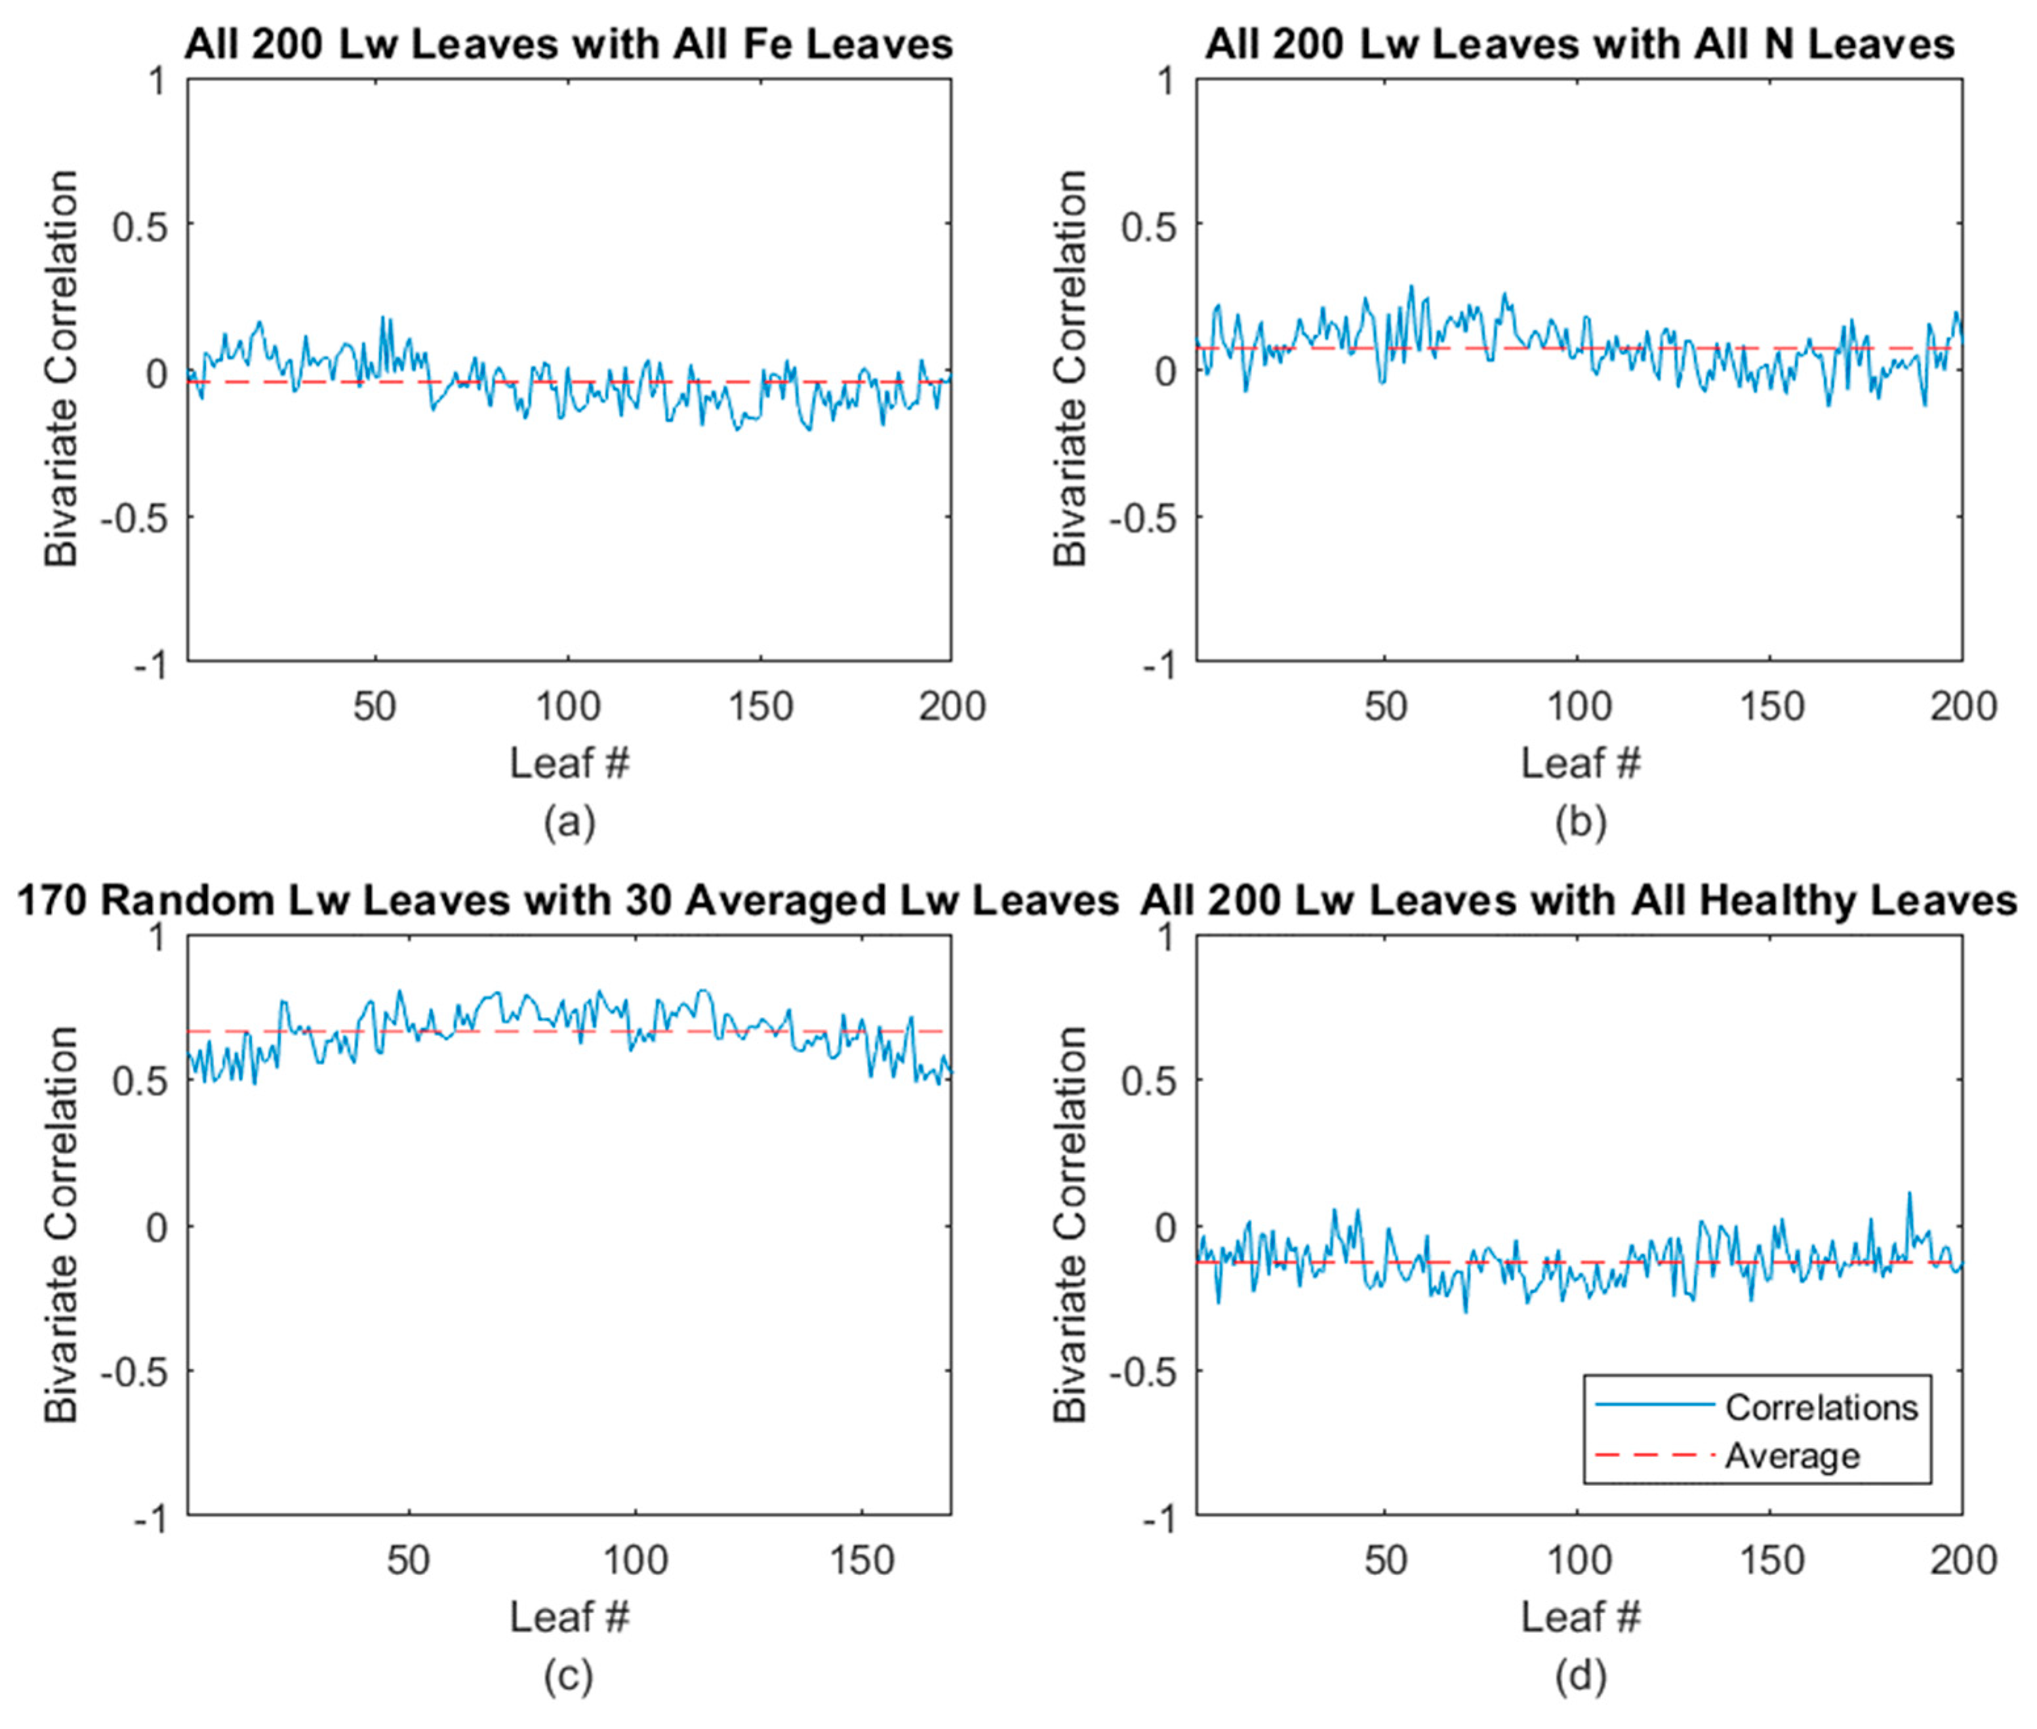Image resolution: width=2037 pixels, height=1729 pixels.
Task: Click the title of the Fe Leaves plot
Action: click(x=569, y=44)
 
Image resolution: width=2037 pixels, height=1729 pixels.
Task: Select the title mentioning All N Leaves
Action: click(x=1579, y=44)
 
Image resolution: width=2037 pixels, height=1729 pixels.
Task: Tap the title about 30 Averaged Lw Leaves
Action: click(x=569, y=900)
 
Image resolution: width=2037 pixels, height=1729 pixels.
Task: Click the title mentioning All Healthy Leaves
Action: click(x=1579, y=900)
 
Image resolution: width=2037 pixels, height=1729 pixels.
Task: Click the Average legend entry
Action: click(x=1792, y=1456)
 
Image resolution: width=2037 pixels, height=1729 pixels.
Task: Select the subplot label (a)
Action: click(x=569, y=822)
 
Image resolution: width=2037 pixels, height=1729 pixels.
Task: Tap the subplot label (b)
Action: click(x=1580, y=822)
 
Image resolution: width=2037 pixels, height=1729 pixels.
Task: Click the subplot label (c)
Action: click(x=569, y=1677)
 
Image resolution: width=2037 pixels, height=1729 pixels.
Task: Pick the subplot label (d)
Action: click(x=1580, y=1677)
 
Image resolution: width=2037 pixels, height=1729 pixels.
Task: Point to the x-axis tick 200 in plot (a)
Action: click(x=951, y=706)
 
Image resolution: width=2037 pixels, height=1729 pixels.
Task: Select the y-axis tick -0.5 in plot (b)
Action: click(x=1142, y=517)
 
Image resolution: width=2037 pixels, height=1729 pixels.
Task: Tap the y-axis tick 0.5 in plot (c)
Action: click(x=140, y=1080)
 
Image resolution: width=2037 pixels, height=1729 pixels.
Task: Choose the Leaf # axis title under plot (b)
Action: click(x=1580, y=763)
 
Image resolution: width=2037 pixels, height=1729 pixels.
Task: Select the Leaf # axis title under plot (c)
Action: click(x=569, y=1618)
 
